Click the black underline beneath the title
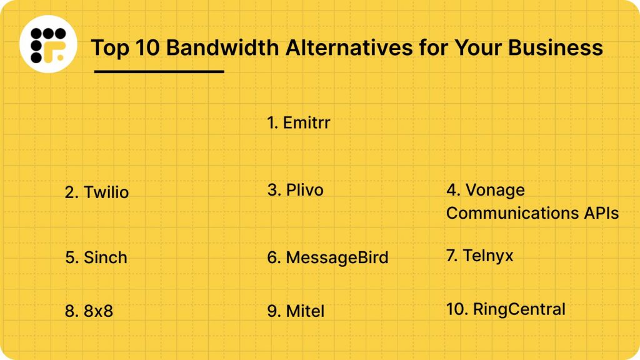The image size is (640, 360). click(x=159, y=71)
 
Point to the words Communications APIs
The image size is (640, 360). click(x=532, y=213)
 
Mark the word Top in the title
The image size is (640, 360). click(x=108, y=47)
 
